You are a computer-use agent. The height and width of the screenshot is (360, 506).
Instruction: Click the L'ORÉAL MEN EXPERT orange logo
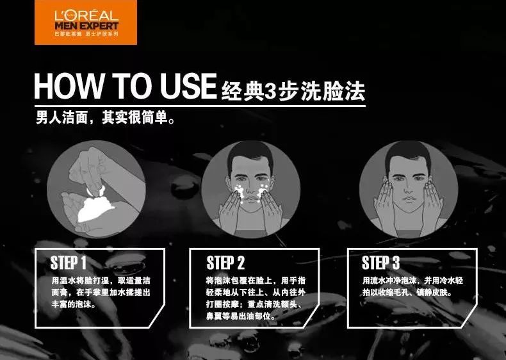click(78, 22)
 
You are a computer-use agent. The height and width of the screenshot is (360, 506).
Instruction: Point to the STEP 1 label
click(68, 262)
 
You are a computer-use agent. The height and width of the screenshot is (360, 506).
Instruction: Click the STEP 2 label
click(225, 263)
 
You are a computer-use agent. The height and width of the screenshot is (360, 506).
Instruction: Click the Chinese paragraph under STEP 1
click(101, 293)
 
